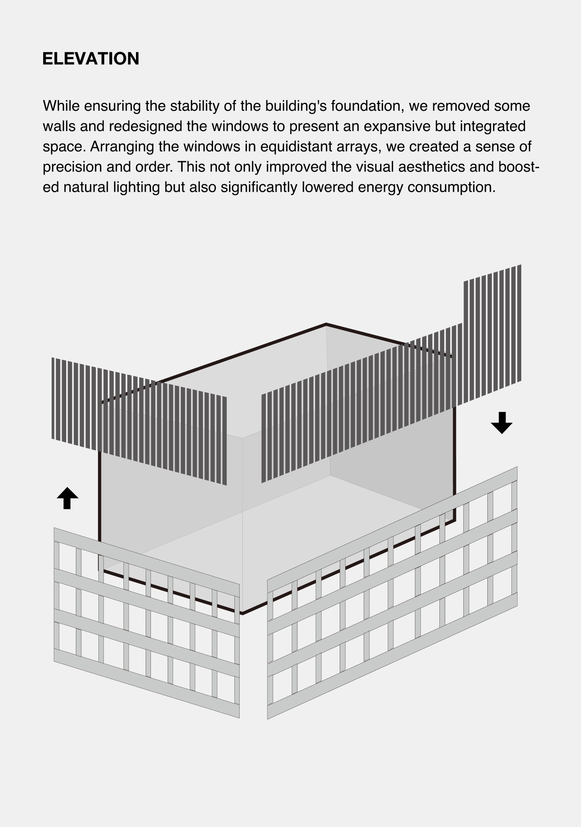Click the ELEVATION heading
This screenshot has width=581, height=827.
pyautogui.click(x=91, y=59)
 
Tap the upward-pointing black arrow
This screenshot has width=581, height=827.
pyautogui.click(x=67, y=498)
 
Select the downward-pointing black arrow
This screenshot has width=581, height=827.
pyautogui.click(x=502, y=423)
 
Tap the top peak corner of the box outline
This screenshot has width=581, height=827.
pyautogui.click(x=326, y=324)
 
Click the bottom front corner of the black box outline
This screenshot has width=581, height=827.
pyautogui.click(x=242, y=613)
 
